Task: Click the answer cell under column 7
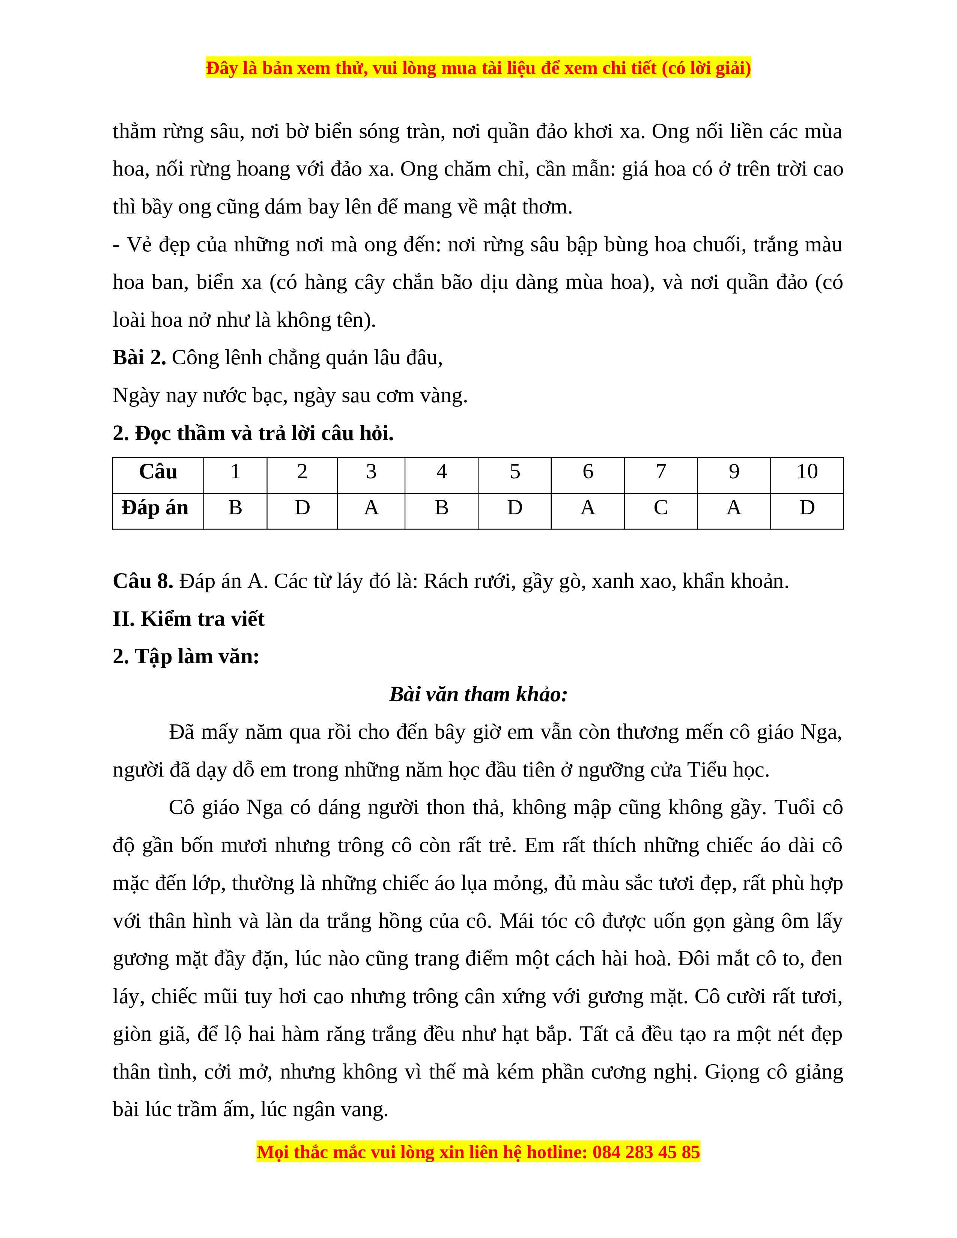coord(661,508)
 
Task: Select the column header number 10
coord(807,472)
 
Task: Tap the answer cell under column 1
coord(235,508)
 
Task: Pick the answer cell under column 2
coord(302,508)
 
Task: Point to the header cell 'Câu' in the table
coord(158,472)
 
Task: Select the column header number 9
coord(734,472)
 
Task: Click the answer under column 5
coord(514,508)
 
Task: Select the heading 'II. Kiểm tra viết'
coord(189,619)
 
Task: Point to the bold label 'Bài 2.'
coord(139,358)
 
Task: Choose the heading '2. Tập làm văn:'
coord(186,657)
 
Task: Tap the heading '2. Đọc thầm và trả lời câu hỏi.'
coord(253,434)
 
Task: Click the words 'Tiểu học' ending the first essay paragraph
coord(727,770)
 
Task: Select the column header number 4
coord(442,472)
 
